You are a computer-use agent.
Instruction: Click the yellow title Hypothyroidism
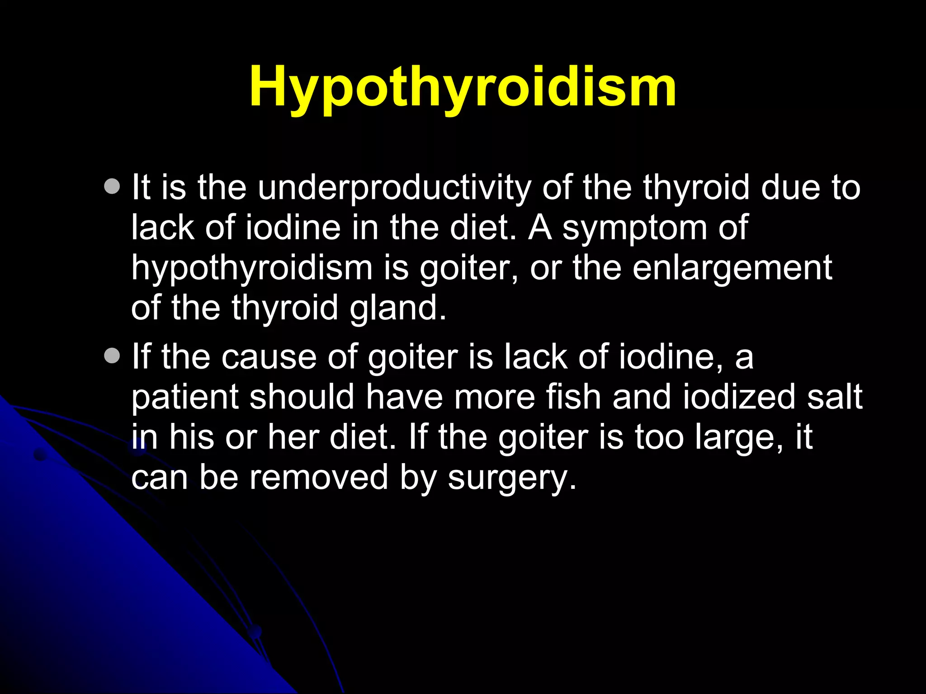click(x=463, y=87)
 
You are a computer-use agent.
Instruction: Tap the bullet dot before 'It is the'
click(x=112, y=186)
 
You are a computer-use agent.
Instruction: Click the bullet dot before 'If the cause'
click(x=112, y=356)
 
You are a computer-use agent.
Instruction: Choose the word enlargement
click(x=732, y=268)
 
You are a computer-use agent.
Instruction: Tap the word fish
click(x=573, y=397)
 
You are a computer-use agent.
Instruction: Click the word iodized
click(x=739, y=397)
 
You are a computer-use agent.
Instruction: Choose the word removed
click(x=319, y=477)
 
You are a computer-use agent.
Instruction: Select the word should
click(x=302, y=397)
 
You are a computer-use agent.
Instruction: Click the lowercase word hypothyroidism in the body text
click(x=252, y=268)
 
